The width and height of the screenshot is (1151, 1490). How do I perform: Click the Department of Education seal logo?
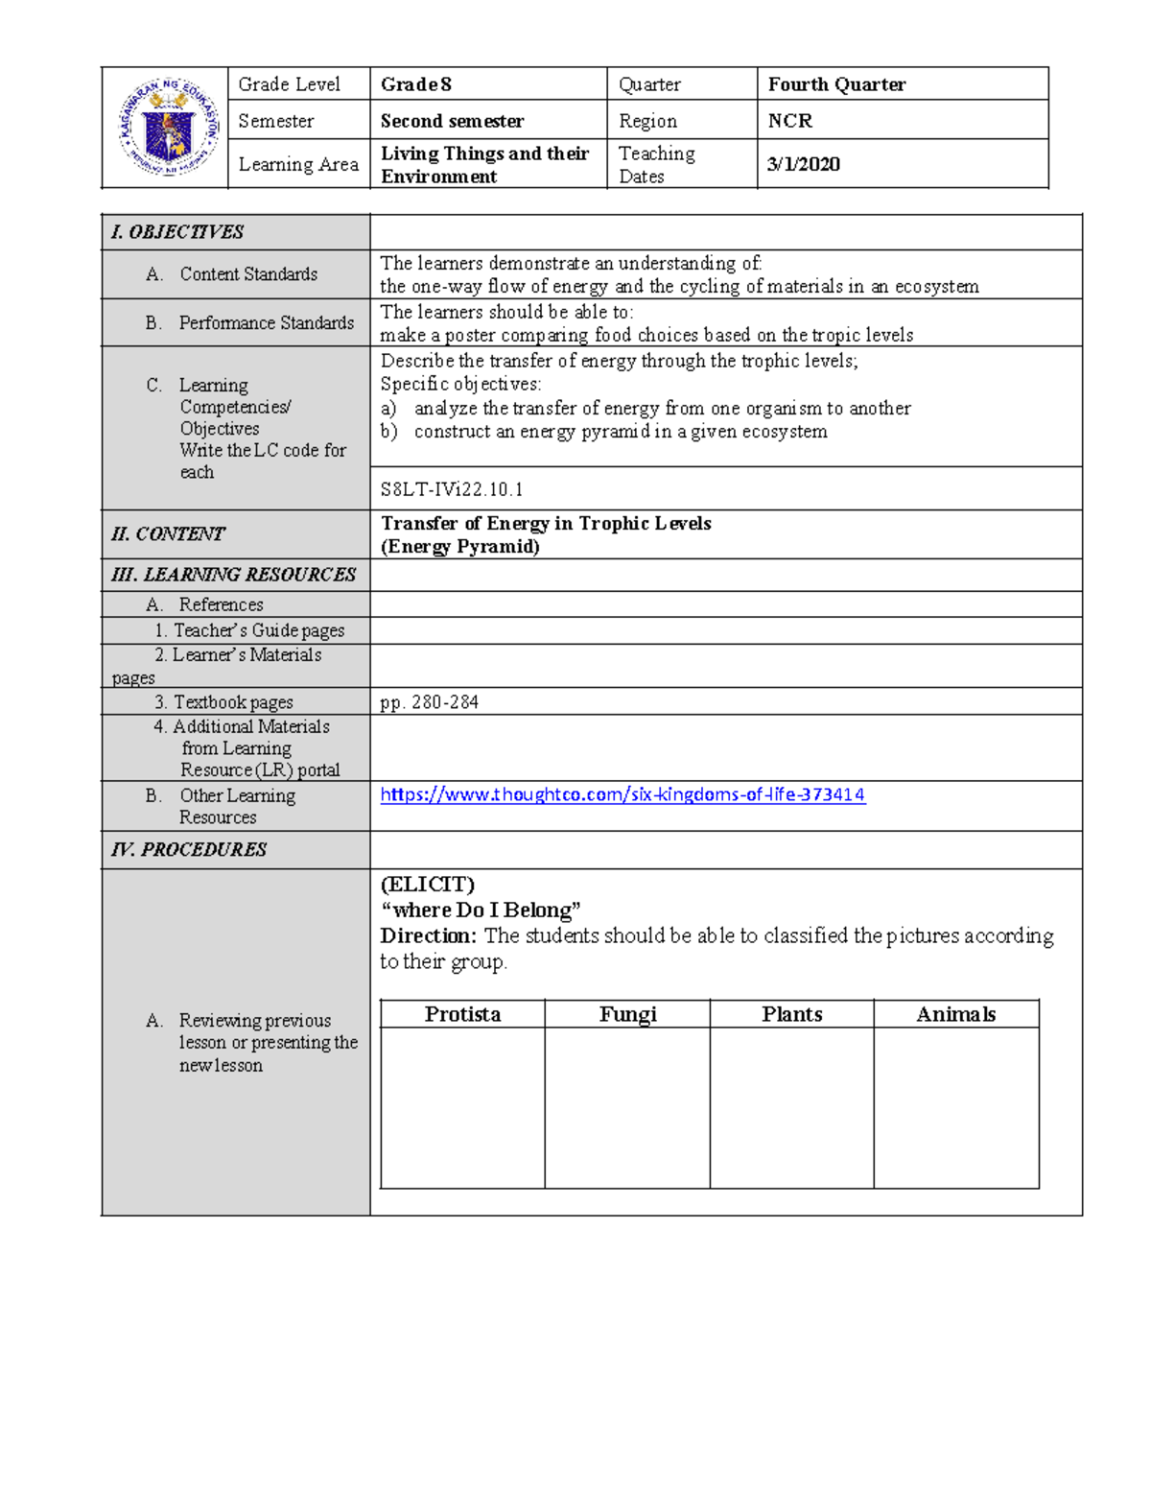(x=169, y=128)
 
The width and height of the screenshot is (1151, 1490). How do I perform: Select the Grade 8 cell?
(x=415, y=84)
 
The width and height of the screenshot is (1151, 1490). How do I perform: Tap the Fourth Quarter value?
(x=836, y=84)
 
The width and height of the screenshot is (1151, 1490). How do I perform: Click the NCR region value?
(x=789, y=121)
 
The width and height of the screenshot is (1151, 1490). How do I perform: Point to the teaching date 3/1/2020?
(x=804, y=164)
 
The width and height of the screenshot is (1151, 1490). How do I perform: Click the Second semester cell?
(x=452, y=121)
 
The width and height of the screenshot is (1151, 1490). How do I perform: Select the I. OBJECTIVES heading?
(x=177, y=232)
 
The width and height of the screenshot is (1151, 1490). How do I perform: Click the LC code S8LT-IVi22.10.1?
(x=452, y=489)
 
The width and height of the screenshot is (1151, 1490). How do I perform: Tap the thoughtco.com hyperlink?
(x=622, y=794)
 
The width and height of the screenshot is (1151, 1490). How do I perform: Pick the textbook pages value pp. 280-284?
(x=429, y=702)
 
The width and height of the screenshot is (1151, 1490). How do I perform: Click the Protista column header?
(x=462, y=1014)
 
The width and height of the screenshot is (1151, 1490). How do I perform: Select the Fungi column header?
(x=627, y=1014)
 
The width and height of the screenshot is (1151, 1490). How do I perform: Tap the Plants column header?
(x=791, y=1014)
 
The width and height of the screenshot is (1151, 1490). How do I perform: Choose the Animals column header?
(x=955, y=1014)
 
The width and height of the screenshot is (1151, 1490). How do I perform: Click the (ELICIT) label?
(x=427, y=884)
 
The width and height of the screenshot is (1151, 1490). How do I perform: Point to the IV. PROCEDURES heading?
(x=189, y=850)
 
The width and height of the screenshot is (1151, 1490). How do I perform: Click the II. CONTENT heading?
(x=168, y=534)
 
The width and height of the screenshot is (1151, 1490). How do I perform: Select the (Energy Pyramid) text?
(x=460, y=547)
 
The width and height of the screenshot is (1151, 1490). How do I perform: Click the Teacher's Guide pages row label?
(x=249, y=630)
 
